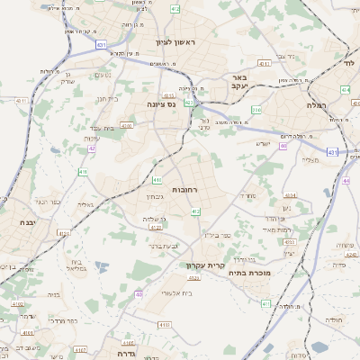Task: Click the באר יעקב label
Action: pos(239,82)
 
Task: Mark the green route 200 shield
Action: pos(256,111)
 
